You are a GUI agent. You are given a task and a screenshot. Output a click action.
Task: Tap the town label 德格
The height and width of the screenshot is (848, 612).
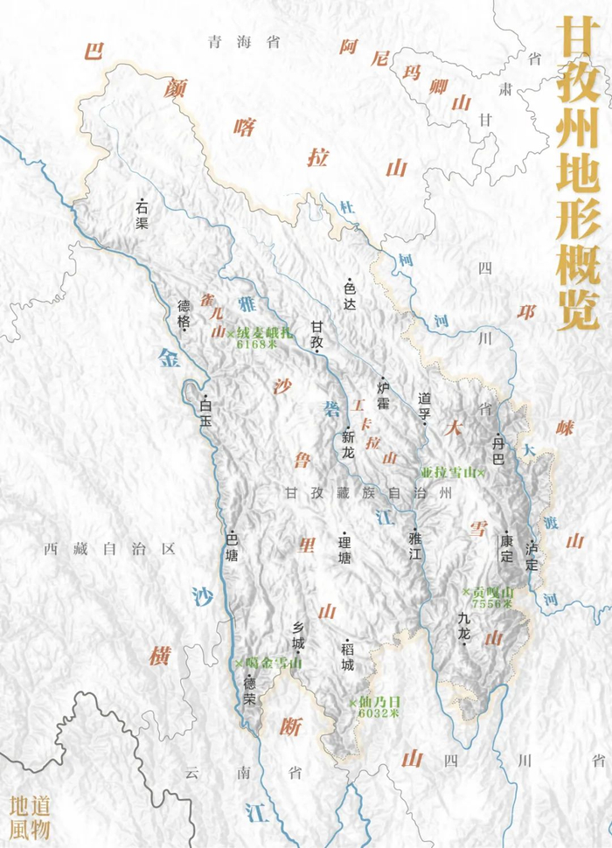[x=184, y=310]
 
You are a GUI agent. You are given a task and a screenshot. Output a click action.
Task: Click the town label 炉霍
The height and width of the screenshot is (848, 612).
[x=383, y=393]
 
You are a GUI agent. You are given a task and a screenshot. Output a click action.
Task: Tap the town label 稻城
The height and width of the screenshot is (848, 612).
[x=346, y=654]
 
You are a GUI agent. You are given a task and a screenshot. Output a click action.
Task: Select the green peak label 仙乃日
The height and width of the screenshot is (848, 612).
[x=379, y=702]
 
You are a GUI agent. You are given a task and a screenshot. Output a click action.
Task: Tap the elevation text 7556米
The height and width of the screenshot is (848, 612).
[x=490, y=604]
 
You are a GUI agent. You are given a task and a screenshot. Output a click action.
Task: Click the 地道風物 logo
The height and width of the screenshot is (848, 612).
[x=30, y=818]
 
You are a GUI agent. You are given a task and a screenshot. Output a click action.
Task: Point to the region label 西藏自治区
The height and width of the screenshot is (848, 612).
[x=111, y=549]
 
